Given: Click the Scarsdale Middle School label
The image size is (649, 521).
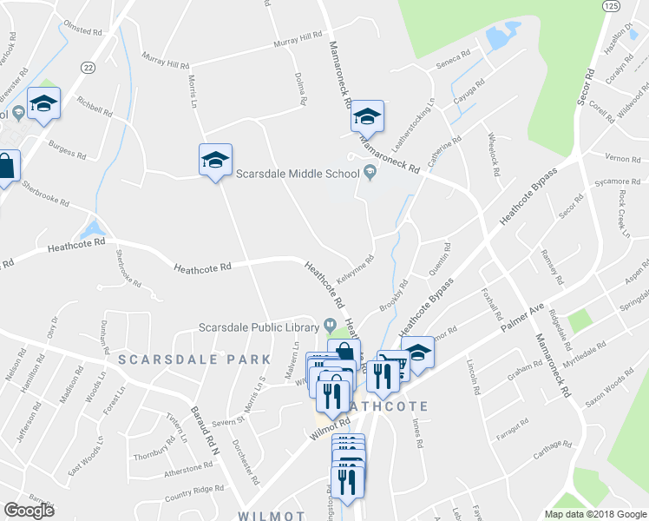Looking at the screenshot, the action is [x=296, y=173].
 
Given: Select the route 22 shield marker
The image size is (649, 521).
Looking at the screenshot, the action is [x=88, y=67].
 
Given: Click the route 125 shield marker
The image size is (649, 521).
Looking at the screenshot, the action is [x=610, y=5].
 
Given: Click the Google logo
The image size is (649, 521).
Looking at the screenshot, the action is [x=29, y=511].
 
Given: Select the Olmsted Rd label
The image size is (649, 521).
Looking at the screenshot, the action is [x=83, y=30].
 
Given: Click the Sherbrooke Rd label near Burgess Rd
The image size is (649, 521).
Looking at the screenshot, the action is [x=47, y=193].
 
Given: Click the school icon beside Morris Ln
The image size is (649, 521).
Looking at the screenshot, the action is [x=215, y=160].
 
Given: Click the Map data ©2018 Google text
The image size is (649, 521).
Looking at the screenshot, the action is [x=594, y=514].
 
